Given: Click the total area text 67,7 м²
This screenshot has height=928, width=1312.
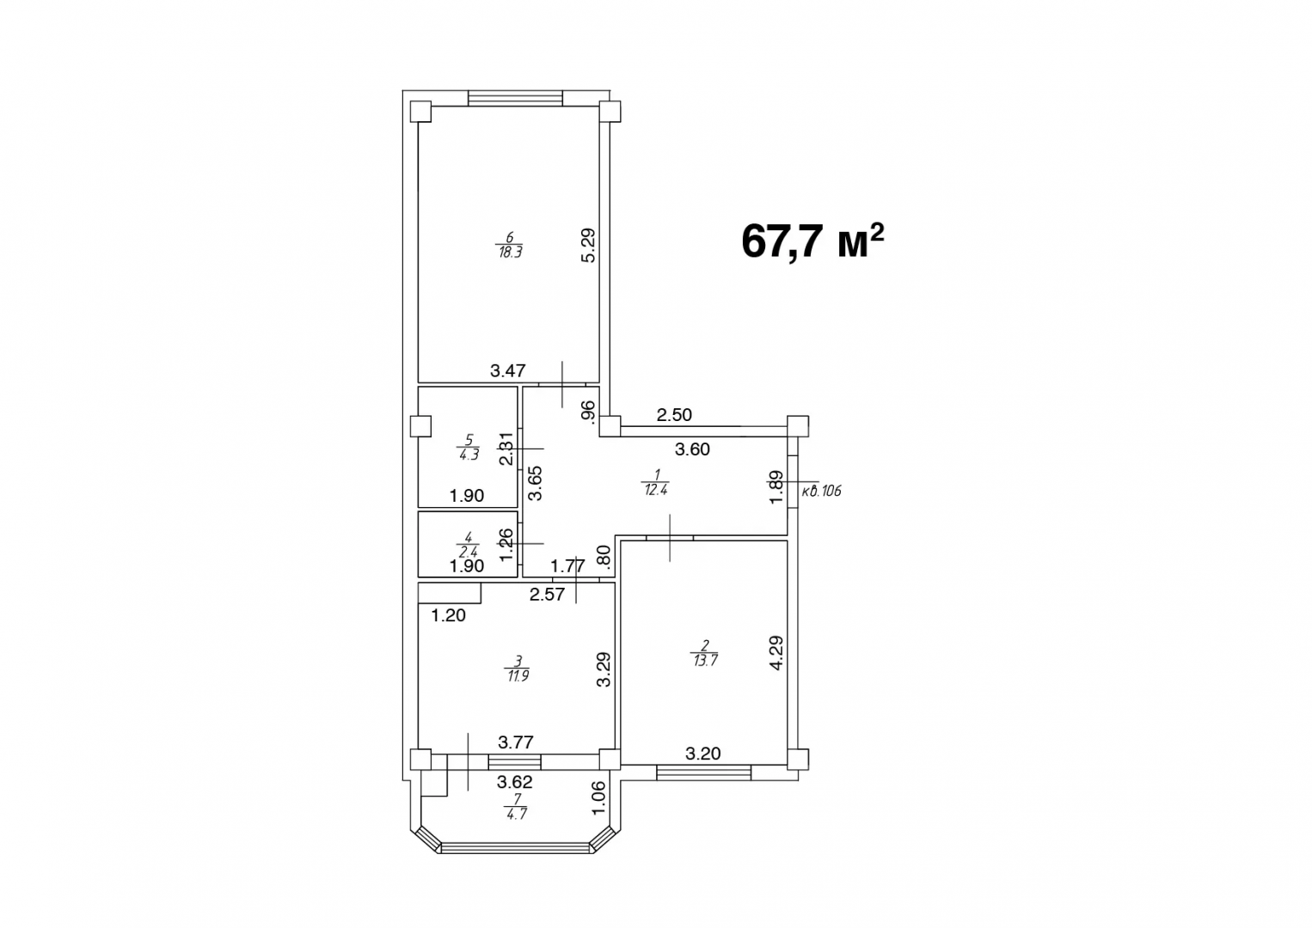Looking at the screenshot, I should point(812,242).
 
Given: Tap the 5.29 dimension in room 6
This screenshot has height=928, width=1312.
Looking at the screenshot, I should point(588,245).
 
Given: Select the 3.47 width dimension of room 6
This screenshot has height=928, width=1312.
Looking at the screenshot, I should point(507,371).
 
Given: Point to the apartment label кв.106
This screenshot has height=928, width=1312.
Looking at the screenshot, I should point(821,491).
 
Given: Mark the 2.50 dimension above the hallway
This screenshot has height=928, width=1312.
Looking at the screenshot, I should point(674,415).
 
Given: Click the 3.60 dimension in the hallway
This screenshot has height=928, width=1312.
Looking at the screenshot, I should point(692,449).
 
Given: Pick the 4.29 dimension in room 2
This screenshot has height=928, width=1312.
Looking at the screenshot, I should point(776,652).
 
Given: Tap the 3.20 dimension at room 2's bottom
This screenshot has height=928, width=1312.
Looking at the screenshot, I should point(702,754).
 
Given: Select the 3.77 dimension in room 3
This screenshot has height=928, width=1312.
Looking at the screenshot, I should point(516,742).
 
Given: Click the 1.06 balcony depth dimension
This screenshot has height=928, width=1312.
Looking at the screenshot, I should point(599,797).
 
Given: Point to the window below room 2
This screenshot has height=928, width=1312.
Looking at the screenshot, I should point(703,773).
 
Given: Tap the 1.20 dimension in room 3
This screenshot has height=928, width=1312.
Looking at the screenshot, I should point(448,615).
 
